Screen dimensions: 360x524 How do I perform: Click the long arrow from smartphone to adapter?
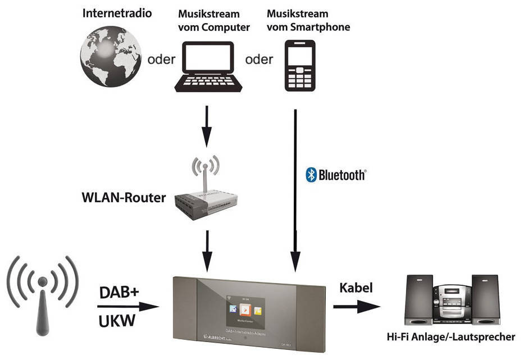[294, 185]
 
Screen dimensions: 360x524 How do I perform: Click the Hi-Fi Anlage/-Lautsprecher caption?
[450, 337]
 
